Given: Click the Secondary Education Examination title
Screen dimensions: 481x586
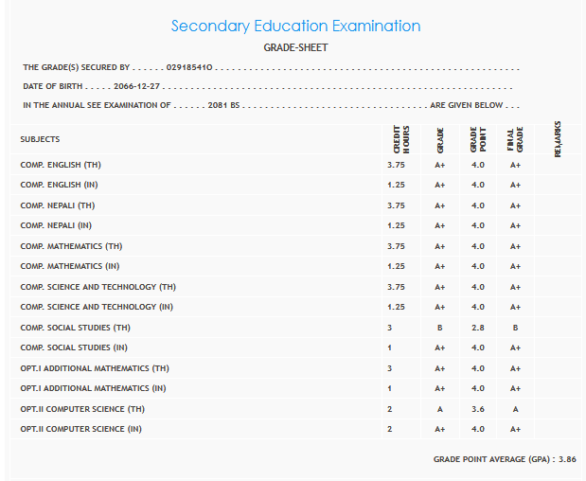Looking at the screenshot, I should click(x=295, y=27).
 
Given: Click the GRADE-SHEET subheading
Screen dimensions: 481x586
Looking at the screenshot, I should click(x=295, y=47).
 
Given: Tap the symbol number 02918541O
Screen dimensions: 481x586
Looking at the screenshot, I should click(x=189, y=68).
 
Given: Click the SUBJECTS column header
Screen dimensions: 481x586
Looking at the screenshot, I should click(x=40, y=139).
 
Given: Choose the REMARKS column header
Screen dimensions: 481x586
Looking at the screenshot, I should click(x=558, y=139).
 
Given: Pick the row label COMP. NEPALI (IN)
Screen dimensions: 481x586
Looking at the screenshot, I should click(x=56, y=225).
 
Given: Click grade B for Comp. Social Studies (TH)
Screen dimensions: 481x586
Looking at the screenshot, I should click(x=440, y=328).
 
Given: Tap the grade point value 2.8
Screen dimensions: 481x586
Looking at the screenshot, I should click(x=477, y=328).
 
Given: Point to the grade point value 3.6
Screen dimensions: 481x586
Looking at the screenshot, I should click(x=477, y=409).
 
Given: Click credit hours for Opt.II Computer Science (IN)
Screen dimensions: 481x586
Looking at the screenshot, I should click(x=390, y=429).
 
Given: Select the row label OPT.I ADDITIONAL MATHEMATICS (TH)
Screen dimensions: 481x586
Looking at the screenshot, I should click(x=95, y=368).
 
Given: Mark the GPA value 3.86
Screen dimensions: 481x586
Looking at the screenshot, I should click(x=565, y=458).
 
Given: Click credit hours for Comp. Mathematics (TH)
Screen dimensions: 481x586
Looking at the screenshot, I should click(x=396, y=246).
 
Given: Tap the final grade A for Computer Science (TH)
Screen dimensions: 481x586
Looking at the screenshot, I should click(x=515, y=409).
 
